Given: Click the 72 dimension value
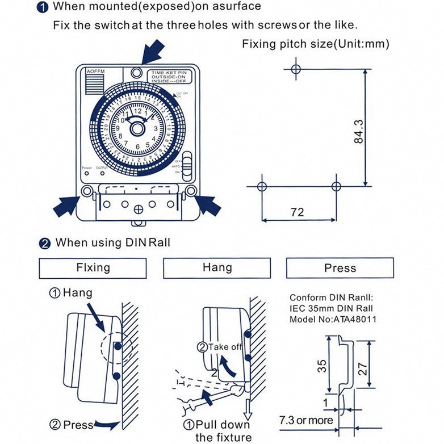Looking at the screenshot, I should pos(297,212).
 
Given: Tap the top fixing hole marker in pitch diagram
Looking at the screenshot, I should pos(294,69).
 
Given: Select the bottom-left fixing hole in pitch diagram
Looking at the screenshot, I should pos(262,186).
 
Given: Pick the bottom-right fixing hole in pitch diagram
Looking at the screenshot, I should pos(336,186).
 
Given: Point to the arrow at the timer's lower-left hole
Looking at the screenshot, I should pos(65,205).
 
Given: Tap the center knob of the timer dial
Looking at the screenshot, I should pos(137,129).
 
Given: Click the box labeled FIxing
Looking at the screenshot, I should pos(93,267).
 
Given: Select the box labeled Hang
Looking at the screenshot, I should pos(217,267).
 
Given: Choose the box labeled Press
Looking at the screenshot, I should pos(340,268).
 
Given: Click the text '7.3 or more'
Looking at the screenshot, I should pos(305,420).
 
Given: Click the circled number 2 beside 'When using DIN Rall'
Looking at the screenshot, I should pos(45,244).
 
